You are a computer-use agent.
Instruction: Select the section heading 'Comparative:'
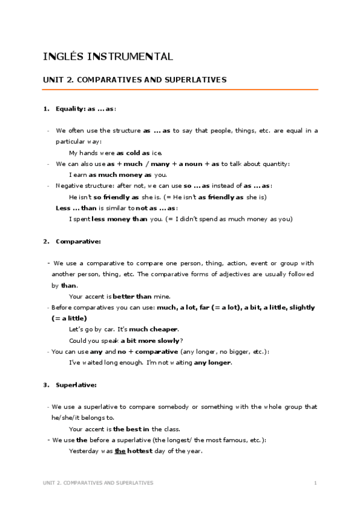tap(78, 241)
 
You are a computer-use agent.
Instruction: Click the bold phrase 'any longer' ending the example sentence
tap(212, 363)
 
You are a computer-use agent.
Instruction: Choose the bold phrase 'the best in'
tap(132, 429)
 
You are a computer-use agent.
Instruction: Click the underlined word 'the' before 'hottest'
tap(120, 450)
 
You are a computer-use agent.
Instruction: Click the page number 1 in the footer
tap(315, 482)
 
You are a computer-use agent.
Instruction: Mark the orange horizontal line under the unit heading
tap(180, 90)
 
